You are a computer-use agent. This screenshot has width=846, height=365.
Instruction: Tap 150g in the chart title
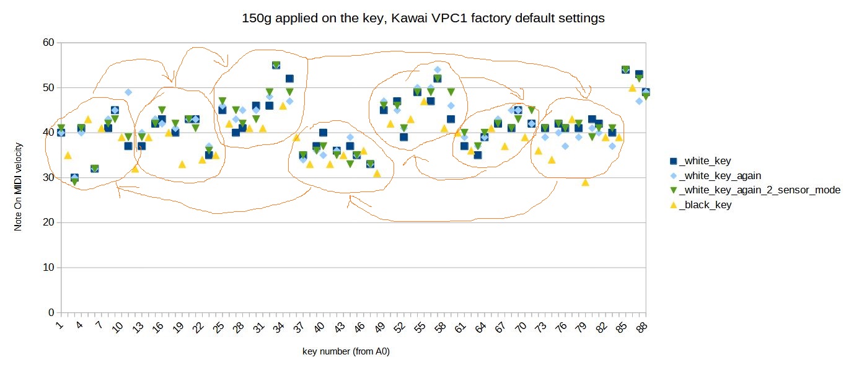coord(257,19)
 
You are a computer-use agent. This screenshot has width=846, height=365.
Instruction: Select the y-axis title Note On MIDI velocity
coord(18,187)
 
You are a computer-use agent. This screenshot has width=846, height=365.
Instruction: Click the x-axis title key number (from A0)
coord(346,351)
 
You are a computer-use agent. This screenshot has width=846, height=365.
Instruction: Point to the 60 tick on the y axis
coord(49,42)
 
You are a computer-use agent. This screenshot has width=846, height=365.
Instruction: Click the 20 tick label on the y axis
coord(49,222)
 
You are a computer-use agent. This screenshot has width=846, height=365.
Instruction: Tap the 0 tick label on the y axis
coord(51,312)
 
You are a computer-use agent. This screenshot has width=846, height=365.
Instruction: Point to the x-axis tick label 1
coord(60,325)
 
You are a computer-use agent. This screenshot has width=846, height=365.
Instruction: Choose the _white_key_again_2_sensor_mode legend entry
coord(755,190)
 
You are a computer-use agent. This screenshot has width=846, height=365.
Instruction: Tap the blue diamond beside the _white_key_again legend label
coord(673,175)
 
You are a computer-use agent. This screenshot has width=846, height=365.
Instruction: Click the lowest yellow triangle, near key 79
coord(586,183)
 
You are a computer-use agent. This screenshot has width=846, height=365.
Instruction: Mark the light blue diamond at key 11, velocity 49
coord(128,92)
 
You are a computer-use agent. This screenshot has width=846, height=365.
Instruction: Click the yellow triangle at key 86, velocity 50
coord(632,88)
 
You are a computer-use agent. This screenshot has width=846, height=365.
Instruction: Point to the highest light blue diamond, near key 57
coord(438,70)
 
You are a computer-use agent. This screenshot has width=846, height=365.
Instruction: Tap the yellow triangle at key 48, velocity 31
coord(377,174)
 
